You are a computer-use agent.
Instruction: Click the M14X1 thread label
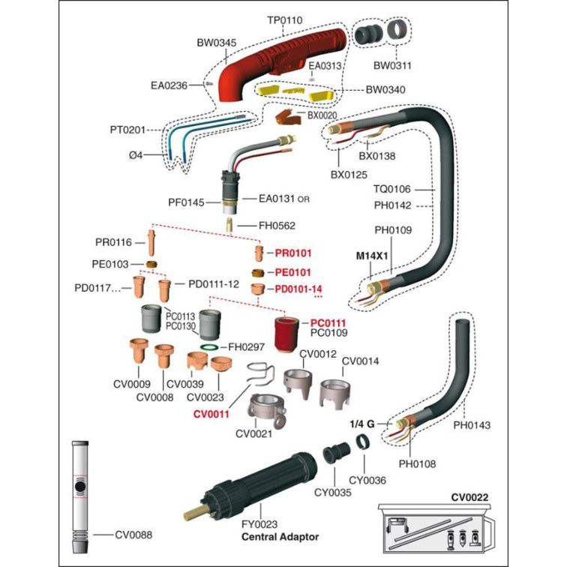click(x=373, y=255)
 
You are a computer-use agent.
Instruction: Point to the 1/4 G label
click(x=363, y=424)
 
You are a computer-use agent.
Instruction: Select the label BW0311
click(x=392, y=65)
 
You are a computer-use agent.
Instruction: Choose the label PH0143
click(x=472, y=425)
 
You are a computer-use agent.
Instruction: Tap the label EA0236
click(x=169, y=86)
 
